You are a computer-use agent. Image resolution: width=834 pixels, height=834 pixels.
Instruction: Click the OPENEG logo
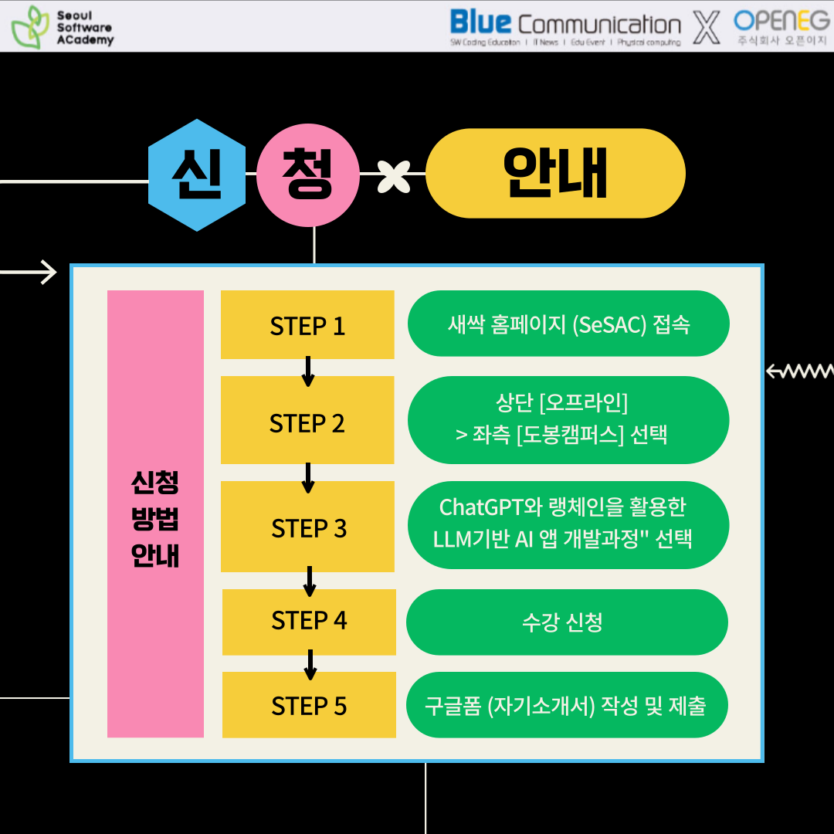point(781,26)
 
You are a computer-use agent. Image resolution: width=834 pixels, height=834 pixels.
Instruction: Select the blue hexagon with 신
point(197,175)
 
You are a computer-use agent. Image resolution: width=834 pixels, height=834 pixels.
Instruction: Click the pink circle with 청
point(308,175)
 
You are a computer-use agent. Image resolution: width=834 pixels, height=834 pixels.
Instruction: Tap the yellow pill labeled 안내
point(555,174)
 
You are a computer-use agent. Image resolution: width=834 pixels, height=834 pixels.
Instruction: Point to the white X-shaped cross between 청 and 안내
point(393,175)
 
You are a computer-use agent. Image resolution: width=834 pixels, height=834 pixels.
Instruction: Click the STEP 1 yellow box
point(307,325)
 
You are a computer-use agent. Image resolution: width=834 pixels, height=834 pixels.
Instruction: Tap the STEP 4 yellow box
point(309,622)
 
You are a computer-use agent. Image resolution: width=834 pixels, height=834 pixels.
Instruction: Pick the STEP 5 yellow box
point(309,705)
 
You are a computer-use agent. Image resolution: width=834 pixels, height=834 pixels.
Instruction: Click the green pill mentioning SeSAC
point(568,324)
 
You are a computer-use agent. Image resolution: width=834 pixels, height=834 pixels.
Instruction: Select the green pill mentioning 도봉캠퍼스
point(568,420)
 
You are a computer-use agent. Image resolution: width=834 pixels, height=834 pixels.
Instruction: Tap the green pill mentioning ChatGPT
point(568,524)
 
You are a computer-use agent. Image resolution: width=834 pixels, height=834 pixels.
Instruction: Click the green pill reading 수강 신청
point(567,622)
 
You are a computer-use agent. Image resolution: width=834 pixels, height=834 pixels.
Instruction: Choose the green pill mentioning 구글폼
point(567,705)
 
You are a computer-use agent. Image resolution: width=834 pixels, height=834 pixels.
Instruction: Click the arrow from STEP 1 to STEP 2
point(308,371)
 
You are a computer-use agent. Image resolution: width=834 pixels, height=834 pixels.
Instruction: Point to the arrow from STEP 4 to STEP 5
point(310,664)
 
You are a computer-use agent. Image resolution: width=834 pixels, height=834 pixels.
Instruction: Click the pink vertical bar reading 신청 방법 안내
point(155,514)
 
